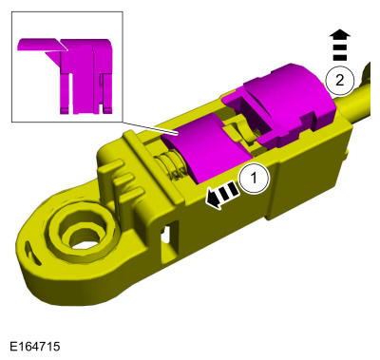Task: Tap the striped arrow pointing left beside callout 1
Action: coord(222,197)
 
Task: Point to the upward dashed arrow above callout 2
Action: coord(337,47)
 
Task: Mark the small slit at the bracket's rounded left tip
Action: coord(25,241)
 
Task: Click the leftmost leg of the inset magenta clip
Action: coord(67,85)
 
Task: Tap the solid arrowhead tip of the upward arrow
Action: coord(337,33)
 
